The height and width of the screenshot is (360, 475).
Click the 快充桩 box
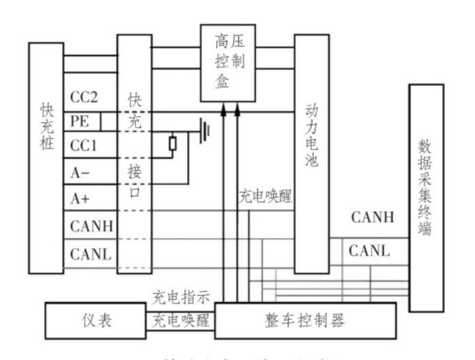click(46, 158)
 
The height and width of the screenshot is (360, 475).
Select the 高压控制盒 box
click(228, 63)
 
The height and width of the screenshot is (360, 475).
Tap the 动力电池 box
click(312, 153)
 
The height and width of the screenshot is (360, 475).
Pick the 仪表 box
click(95, 321)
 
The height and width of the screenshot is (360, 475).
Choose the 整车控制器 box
click(305, 321)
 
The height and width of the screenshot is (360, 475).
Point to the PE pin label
click(80, 121)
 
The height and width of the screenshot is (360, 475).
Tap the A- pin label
click(81, 172)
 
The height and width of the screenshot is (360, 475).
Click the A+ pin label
click(81, 199)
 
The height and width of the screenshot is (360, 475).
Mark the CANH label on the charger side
click(91, 226)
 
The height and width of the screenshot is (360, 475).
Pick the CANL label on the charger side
click(91, 253)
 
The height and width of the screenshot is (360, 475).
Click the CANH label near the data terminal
click(372, 217)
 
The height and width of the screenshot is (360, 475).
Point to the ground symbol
click(204, 130)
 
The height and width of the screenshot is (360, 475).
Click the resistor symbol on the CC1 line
click(173, 144)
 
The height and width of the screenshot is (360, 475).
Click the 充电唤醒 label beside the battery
click(265, 197)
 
